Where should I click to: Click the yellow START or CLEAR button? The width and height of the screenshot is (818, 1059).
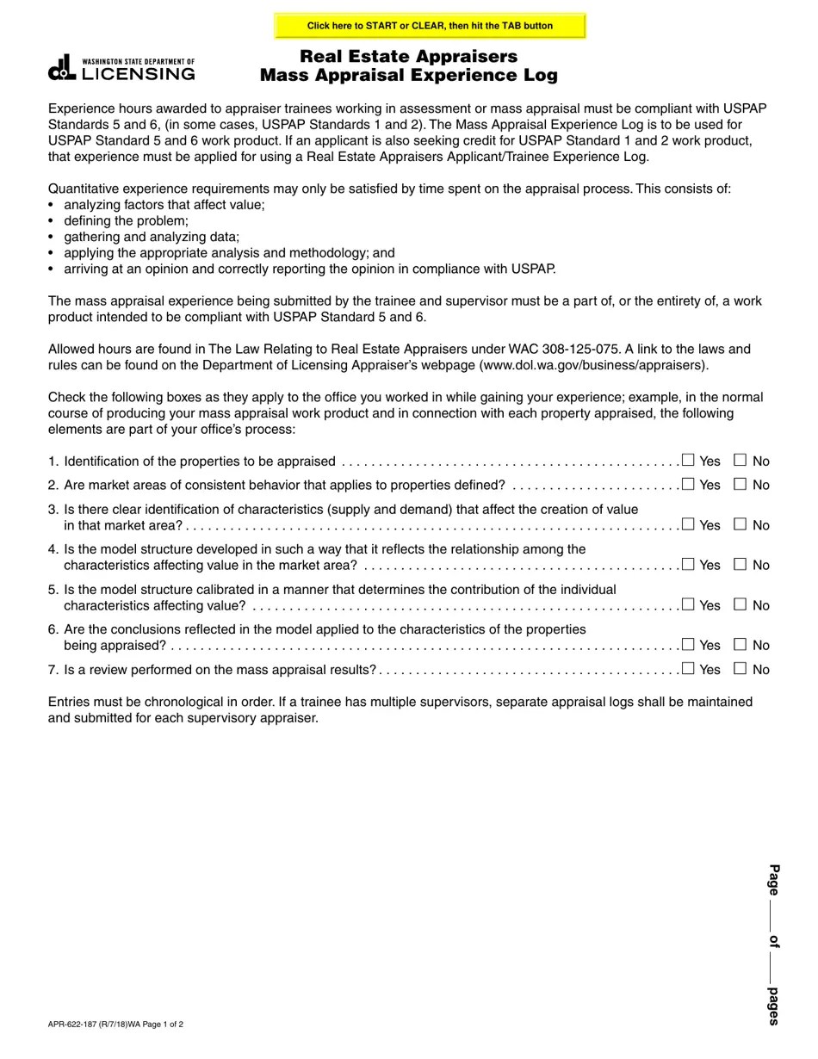(430, 26)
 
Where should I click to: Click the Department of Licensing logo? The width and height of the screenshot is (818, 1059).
(121, 69)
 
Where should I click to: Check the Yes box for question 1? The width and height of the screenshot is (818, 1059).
(688, 461)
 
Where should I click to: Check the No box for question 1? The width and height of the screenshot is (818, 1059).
(740, 461)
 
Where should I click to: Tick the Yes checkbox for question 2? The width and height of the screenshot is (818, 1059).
(688, 485)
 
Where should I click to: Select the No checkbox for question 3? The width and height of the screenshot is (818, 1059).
(740, 524)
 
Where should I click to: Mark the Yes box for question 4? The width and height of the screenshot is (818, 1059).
(688, 565)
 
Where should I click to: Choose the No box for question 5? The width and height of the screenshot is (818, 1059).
(740, 604)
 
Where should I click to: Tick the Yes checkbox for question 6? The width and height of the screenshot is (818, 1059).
(688, 645)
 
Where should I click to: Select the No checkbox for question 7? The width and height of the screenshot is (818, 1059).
(740, 669)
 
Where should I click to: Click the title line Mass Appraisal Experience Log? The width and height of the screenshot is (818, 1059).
(409, 76)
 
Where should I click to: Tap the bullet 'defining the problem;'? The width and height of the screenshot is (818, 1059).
(126, 221)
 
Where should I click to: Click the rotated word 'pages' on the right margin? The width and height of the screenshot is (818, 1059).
(773, 1006)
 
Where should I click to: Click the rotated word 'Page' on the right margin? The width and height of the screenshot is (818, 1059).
(773, 879)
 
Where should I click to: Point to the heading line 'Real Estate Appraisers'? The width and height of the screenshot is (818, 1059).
(409, 57)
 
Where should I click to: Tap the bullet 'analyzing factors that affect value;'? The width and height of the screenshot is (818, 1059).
(164, 205)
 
